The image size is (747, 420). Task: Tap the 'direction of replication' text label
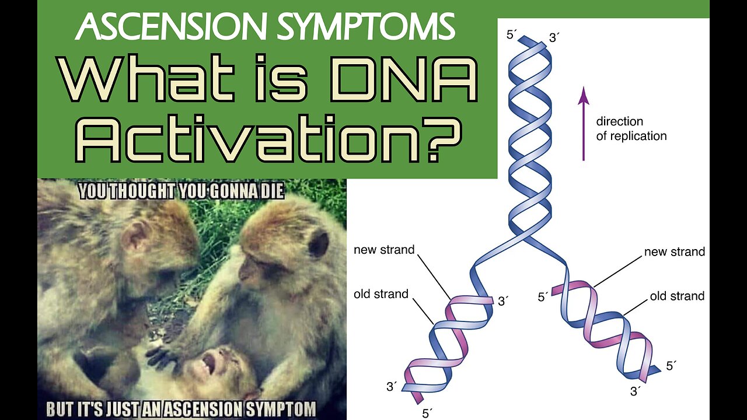[631, 129]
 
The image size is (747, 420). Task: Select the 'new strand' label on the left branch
[384, 250]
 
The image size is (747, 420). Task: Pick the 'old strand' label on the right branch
[677, 296]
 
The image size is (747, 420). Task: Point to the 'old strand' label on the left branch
[381, 294]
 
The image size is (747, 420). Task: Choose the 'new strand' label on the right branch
[675, 252]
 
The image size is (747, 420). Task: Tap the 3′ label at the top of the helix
[554, 38]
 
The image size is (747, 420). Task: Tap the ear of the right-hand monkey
[319, 243]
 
